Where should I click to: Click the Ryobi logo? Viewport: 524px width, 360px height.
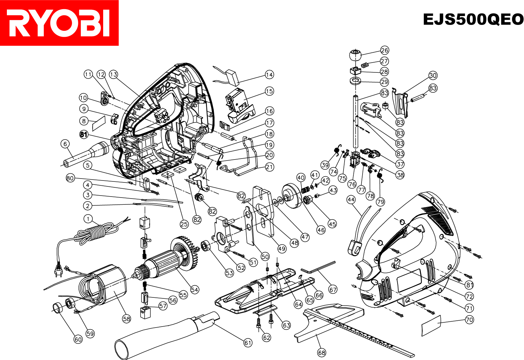point(59,23)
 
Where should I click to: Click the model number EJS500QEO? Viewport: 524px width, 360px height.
point(473,19)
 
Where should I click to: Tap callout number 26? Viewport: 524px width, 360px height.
point(384,50)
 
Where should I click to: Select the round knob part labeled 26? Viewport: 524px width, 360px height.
point(355,55)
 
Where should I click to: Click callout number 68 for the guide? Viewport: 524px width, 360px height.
point(322,352)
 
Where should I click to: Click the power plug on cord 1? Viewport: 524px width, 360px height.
point(59,271)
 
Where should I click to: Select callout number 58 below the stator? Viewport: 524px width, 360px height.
point(126,319)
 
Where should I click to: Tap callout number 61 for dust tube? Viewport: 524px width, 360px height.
point(248,343)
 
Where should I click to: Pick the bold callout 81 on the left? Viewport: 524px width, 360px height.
point(84,134)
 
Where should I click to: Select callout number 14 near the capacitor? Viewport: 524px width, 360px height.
point(269,75)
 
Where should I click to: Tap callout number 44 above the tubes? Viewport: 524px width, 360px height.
point(351,199)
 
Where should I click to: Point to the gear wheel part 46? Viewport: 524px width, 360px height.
point(290,196)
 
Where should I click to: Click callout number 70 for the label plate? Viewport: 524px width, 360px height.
point(469,320)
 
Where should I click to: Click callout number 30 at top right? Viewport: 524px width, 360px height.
point(433,75)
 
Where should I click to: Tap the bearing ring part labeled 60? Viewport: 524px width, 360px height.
point(58,308)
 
